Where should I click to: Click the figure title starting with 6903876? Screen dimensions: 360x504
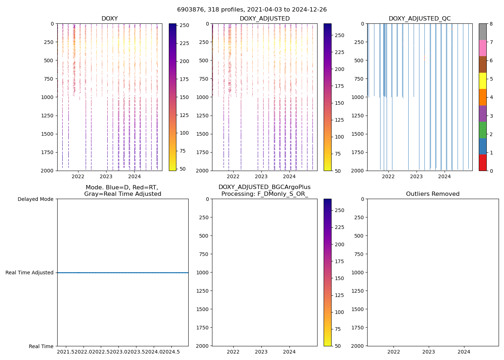(x=252, y=10)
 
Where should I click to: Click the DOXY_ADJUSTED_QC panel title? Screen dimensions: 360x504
(x=419, y=19)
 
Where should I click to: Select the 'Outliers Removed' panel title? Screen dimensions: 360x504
(x=433, y=194)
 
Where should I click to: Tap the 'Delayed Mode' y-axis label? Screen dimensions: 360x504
(x=35, y=199)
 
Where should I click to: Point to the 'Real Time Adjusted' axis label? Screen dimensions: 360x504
(x=29, y=273)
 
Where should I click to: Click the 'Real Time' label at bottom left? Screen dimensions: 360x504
(x=41, y=346)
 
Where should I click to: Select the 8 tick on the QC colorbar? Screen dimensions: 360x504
(x=491, y=24)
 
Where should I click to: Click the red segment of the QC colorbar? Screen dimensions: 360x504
(x=482, y=162)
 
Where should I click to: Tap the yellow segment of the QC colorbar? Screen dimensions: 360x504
(x=482, y=81)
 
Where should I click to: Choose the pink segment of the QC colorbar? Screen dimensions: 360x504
(x=482, y=48)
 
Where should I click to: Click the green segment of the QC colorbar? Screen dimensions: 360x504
(x=482, y=130)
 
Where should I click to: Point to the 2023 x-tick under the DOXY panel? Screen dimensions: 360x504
(x=106, y=176)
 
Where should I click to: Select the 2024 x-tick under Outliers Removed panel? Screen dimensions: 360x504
(x=464, y=352)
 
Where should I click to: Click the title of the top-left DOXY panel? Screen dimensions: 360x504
(x=109, y=19)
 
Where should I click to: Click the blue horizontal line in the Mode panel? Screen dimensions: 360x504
(x=122, y=273)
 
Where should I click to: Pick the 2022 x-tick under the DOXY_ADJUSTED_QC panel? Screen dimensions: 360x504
(x=388, y=176)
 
